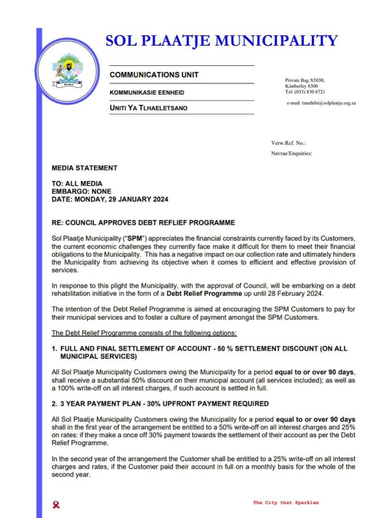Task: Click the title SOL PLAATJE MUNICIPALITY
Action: tap(222, 40)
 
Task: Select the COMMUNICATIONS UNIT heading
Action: tap(154, 75)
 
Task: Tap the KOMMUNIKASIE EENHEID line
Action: tap(147, 93)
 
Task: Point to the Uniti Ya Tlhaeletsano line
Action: tap(148, 108)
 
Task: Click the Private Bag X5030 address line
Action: tap(305, 80)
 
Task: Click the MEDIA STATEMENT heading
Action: tap(85, 168)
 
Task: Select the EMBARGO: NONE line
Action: tap(81, 191)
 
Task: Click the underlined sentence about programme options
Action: tap(144, 333)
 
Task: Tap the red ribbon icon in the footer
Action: tap(57, 505)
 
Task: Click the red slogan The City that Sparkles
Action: tap(286, 503)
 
